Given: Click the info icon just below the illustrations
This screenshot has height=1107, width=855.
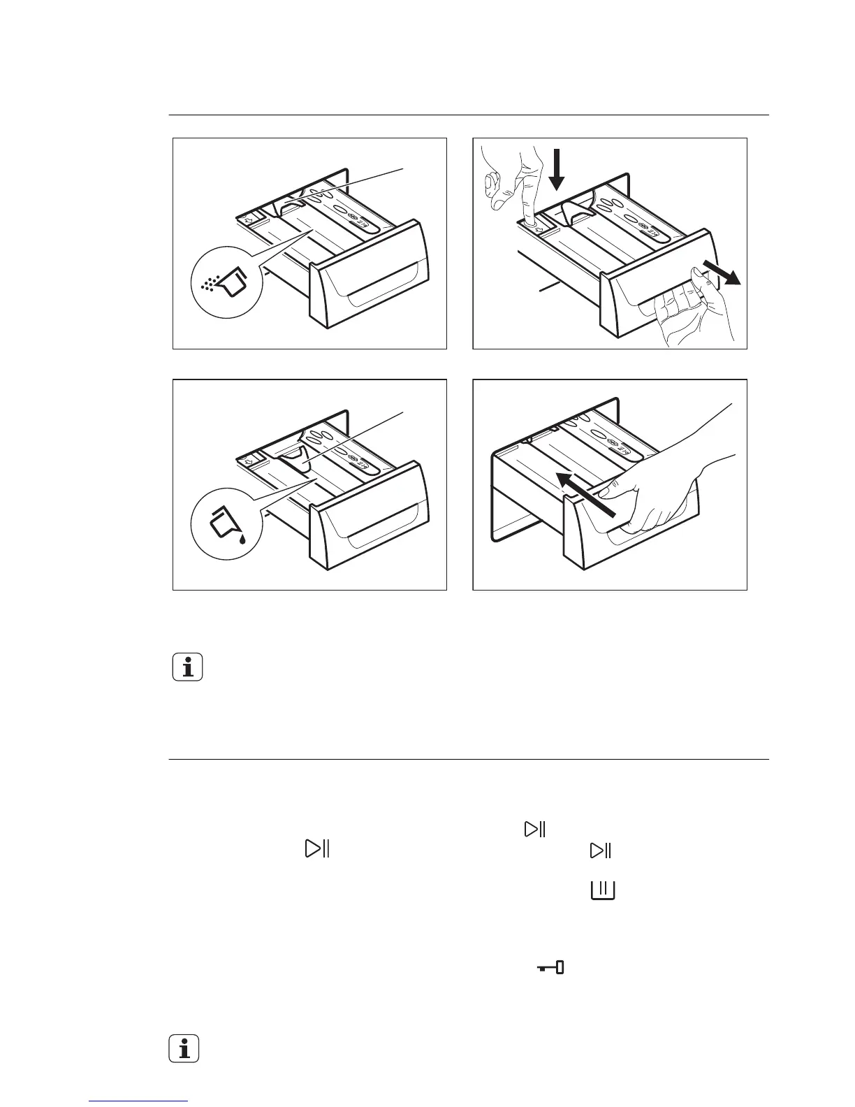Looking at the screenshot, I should [187, 667].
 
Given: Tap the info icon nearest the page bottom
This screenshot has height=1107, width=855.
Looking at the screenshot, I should [184, 1048].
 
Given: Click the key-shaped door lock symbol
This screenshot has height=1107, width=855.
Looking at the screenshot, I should [550, 968].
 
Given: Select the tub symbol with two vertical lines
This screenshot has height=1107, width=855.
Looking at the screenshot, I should [603, 890].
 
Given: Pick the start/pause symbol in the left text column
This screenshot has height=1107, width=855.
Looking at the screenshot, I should [317, 849].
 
